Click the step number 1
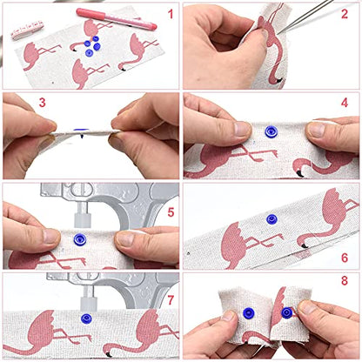171,14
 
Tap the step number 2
345,14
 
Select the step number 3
43,103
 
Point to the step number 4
345,103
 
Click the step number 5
171,212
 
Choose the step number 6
345,258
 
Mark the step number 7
171,300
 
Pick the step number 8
345,281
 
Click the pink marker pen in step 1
117,18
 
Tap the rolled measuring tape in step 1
27,30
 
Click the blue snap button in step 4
271,131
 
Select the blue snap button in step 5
79,239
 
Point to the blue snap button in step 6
271,219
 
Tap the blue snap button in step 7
86,318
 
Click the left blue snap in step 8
249,312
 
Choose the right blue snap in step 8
286,312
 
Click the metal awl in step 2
305,17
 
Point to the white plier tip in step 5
83,220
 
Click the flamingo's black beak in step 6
305,246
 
